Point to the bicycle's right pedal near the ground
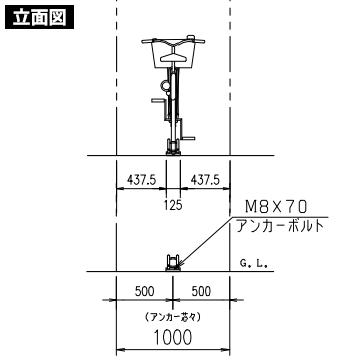coord(193,138)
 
